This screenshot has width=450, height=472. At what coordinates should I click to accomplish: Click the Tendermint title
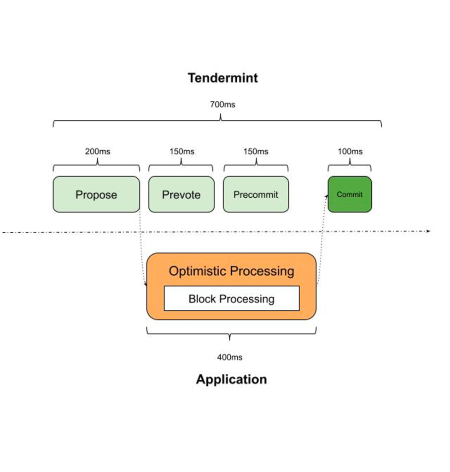click(222, 78)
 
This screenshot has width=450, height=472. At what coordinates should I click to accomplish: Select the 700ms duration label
click(222, 105)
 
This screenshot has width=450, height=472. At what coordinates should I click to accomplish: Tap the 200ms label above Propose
click(98, 151)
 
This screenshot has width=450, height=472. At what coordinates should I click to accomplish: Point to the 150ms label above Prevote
click(181, 151)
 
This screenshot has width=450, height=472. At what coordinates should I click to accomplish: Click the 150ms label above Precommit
click(256, 151)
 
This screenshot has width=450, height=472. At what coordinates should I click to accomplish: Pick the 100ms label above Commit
click(350, 151)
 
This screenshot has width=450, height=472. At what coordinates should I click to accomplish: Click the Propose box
click(96, 194)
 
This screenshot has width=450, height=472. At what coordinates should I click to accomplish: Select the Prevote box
click(181, 194)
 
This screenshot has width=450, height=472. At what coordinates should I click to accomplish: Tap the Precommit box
click(256, 194)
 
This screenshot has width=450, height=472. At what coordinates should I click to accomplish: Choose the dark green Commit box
click(350, 194)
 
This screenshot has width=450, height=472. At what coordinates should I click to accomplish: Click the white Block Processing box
click(232, 298)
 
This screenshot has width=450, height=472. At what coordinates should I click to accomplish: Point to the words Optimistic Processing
click(231, 271)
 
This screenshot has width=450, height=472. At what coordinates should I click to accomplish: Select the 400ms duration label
click(230, 357)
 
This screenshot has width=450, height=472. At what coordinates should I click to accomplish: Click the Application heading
click(231, 379)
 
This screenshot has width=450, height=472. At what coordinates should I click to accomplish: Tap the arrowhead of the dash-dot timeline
click(428, 231)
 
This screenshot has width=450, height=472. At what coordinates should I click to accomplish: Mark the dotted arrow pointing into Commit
click(322, 239)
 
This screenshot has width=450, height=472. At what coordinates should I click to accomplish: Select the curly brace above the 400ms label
click(231, 334)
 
